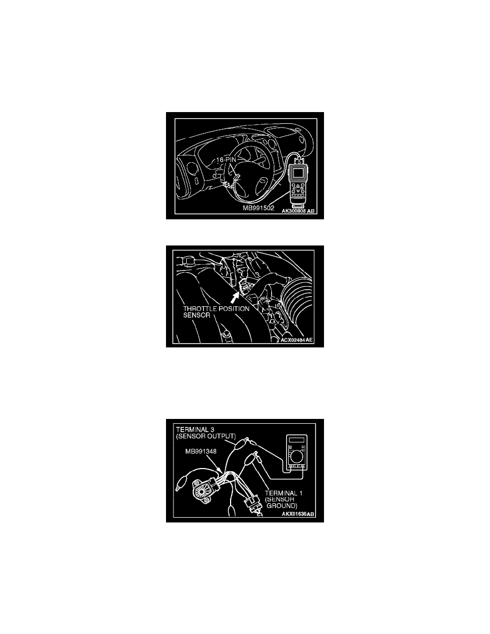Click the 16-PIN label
click(x=226, y=160)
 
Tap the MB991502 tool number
click(x=258, y=208)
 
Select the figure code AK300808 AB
click(x=298, y=211)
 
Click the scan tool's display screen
click(x=297, y=173)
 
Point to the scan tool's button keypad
click(x=297, y=189)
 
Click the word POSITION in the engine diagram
click(x=234, y=308)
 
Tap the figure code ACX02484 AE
click(x=297, y=340)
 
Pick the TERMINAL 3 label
click(x=192, y=430)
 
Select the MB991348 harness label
click(x=201, y=451)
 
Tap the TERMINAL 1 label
click(x=283, y=493)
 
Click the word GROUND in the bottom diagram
click(x=282, y=506)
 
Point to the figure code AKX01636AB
click(x=298, y=514)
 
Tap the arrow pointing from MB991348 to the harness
click(x=216, y=463)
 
